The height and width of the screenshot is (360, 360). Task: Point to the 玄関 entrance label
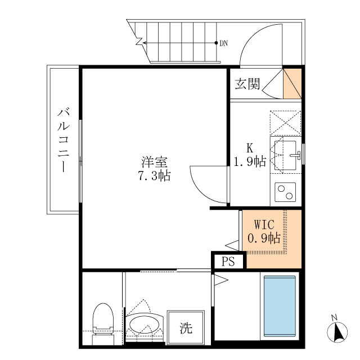(247, 84)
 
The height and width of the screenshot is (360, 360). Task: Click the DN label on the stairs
(224, 43)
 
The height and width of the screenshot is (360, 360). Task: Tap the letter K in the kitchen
(249, 148)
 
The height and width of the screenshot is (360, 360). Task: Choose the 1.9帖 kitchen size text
(250, 162)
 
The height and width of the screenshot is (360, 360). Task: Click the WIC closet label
(264, 224)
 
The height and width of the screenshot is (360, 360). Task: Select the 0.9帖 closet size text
(264, 238)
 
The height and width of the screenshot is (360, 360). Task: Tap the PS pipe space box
(228, 262)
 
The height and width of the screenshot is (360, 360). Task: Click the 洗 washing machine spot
(183, 327)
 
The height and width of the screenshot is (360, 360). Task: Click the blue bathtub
(280, 307)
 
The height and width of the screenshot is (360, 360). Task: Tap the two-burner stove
(285, 192)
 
